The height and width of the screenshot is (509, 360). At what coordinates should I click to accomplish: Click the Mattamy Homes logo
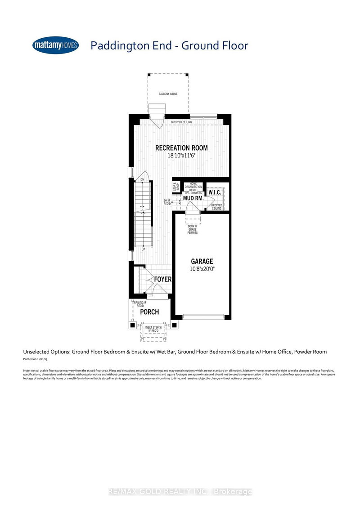click(x=56, y=45)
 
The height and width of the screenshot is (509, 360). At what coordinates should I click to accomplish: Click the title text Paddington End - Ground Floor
click(x=169, y=45)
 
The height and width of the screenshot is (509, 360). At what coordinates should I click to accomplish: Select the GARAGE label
click(x=202, y=261)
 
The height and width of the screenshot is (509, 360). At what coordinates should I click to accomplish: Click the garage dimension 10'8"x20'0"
click(x=202, y=269)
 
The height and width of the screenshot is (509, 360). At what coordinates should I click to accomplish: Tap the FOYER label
click(x=162, y=279)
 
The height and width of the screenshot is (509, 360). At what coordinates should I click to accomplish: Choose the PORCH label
click(x=149, y=312)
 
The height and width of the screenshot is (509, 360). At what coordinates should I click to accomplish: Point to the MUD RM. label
click(x=193, y=198)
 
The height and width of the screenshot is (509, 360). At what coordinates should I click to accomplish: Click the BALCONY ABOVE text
click(x=168, y=94)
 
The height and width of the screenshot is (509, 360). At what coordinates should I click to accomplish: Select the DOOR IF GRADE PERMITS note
click(x=193, y=229)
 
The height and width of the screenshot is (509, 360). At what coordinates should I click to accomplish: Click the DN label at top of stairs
click(x=142, y=179)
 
